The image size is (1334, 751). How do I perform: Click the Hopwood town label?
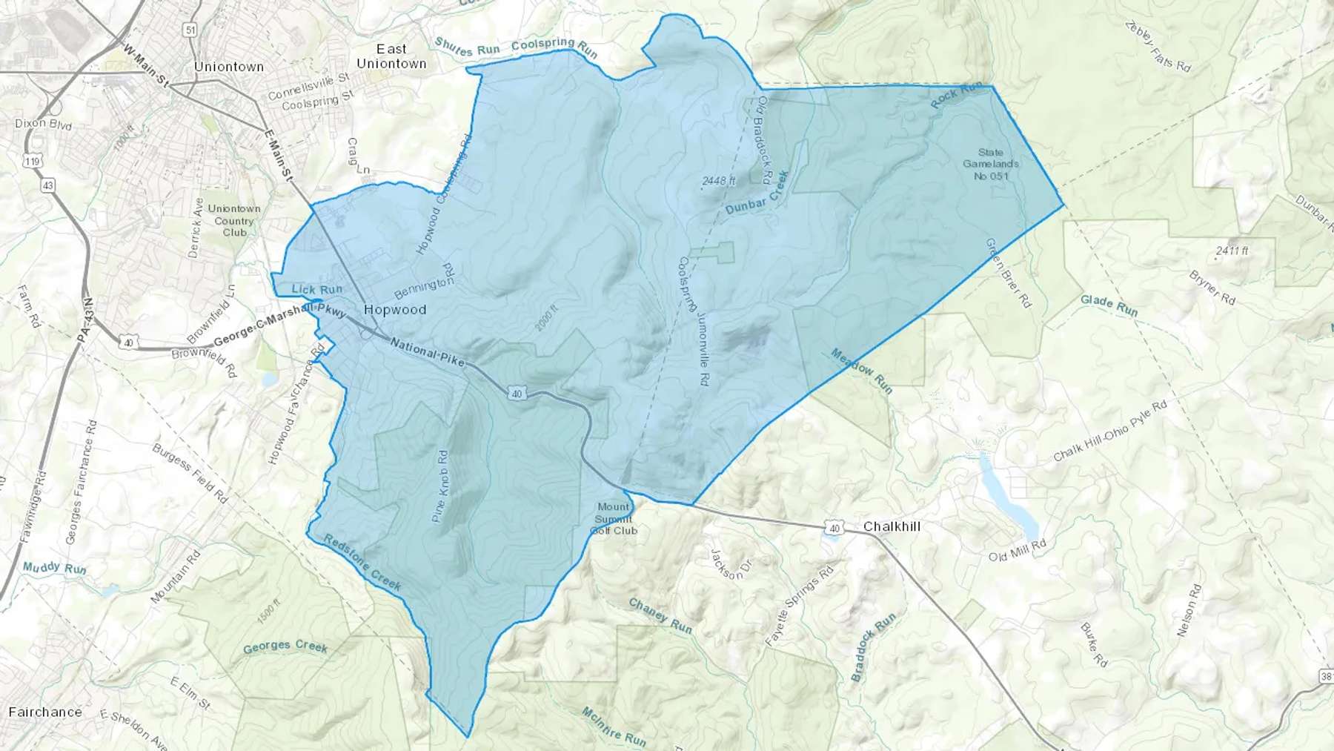(x=395, y=310)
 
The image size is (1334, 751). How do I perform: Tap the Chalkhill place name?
(x=892, y=526)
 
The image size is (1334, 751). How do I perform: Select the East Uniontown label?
(x=391, y=56)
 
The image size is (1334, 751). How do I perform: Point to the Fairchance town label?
(x=45, y=712)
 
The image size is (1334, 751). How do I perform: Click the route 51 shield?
(x=191, y=30)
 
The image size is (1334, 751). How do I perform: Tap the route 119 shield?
(x=32, y=161)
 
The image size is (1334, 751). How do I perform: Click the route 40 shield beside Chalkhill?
(x=835, y=528)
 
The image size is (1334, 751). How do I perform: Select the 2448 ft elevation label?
(x=719, y=180)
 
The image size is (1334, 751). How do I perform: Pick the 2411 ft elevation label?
(x=1232, y=251)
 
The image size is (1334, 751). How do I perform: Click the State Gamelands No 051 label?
(x=991, y=164)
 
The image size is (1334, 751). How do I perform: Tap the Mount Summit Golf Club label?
(x=614, y=518)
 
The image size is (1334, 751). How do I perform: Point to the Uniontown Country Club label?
(x=234, y=220)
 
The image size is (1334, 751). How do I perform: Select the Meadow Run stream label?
(x=862, y=371)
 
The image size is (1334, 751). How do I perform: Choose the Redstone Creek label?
(x=363, y=563)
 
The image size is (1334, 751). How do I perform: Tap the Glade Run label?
(x=1109, y=304)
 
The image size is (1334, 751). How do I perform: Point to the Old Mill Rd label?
(x=1017, y=551)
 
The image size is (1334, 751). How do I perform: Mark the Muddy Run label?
(x=54, y=568)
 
